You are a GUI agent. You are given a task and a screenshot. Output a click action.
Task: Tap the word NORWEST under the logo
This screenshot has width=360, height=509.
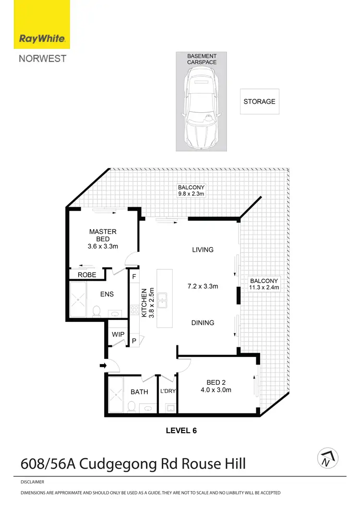pos(42,59)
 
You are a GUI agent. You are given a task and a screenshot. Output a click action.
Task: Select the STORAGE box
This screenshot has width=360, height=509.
pos(259,102)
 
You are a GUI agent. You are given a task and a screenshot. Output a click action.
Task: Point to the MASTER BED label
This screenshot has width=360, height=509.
pos(103,235)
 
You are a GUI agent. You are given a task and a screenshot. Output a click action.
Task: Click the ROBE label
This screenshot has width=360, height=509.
pos(87,275)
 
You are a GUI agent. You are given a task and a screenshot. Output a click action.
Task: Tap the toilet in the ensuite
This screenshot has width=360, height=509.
pos(96,310)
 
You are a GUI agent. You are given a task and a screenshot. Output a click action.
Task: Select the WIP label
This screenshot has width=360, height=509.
pos(118,334)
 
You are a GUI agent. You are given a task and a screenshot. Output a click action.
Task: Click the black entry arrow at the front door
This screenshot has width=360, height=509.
pos(102,366)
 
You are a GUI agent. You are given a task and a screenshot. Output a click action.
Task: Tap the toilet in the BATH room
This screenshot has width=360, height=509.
pos(131,406)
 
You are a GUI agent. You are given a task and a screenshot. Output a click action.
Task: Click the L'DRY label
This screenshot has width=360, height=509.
pos(168,391)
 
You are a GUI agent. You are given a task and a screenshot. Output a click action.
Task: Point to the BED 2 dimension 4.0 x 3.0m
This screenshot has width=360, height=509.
pos(216,390)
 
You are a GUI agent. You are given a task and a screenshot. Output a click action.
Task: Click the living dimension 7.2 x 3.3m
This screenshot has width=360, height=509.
pos(203,286)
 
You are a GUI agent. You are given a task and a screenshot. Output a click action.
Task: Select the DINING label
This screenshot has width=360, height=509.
pos(203,323)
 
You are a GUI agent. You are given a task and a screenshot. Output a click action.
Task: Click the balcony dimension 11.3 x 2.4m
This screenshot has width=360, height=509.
pos(264,287)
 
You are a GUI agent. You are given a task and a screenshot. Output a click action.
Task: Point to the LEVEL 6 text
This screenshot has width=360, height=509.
pos(181,431)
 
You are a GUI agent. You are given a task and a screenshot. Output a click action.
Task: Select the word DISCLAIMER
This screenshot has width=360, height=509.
pos(33,482)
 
